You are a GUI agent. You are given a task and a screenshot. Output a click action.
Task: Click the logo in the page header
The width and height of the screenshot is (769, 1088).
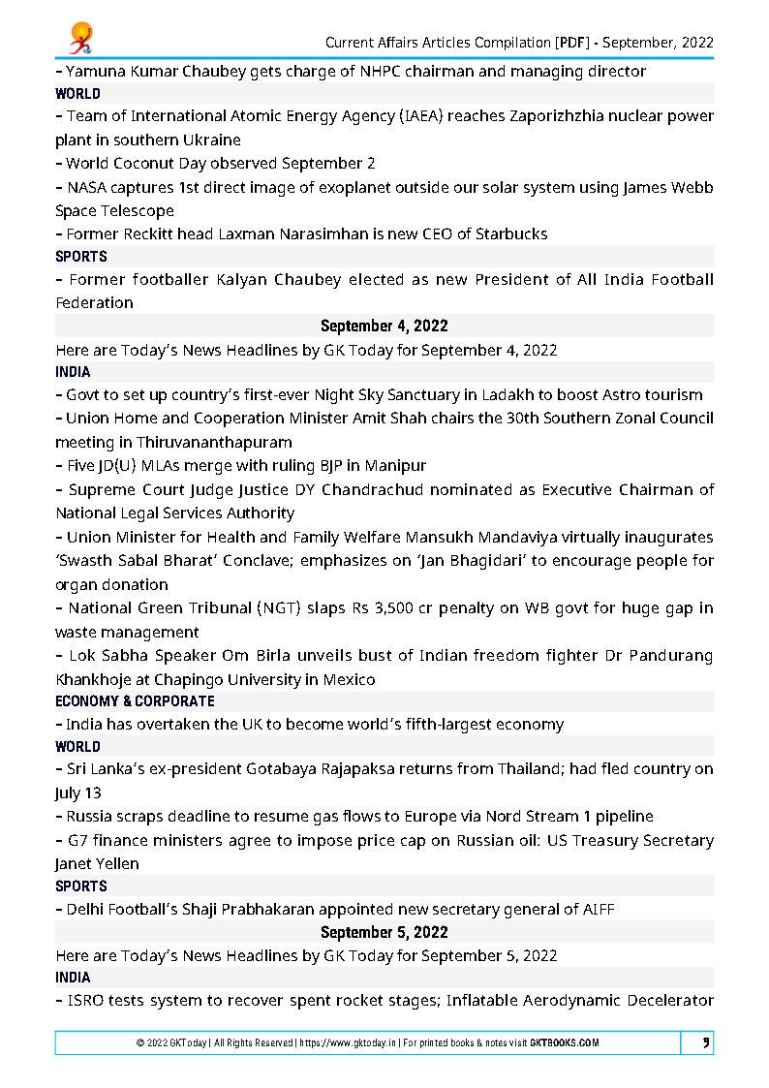(x=79, y=36)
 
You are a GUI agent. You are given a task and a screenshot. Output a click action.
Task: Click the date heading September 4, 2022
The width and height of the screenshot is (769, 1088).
(x=384, y=326)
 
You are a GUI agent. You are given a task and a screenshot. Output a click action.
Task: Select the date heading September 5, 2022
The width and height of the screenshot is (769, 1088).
(x=384, y=932)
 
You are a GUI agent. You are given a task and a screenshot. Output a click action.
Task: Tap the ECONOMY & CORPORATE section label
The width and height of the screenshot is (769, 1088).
(x=136, y=700)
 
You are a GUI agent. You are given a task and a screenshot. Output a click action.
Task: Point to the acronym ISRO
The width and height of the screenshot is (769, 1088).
(x=84, y=1000)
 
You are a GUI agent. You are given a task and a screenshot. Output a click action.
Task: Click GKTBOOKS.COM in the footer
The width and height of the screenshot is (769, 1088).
(x=565, y=1042)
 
